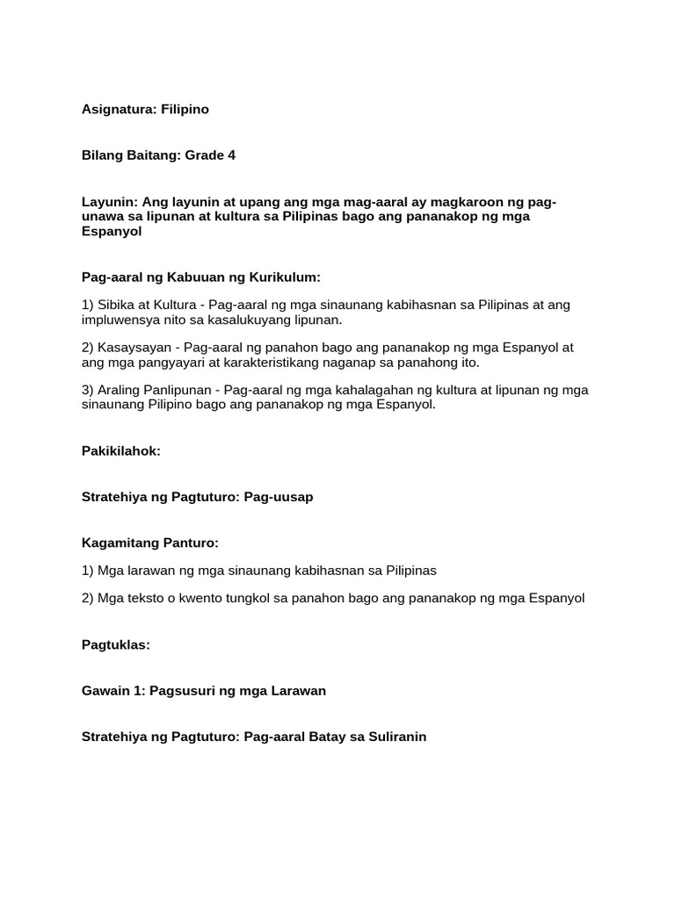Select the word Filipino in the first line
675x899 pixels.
(185, 110)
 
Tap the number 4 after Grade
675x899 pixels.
(232, 155)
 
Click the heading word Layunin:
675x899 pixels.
(108, 202)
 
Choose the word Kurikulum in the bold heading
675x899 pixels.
(283, 277)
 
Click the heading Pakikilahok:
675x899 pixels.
(121, 450)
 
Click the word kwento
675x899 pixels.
(202, 599)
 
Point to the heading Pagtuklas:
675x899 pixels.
(116, 644)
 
